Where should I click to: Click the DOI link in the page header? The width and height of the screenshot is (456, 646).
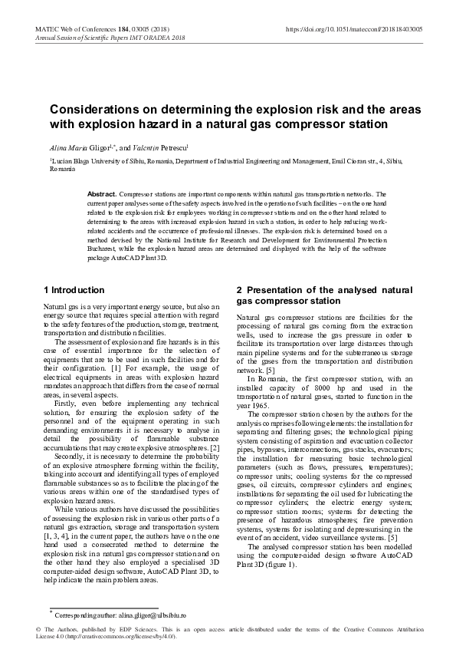(x=353, y=28)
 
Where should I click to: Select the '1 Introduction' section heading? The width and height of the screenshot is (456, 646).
(x=74, y=290)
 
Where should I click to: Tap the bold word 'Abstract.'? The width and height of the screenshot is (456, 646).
(x=103, y=195)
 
